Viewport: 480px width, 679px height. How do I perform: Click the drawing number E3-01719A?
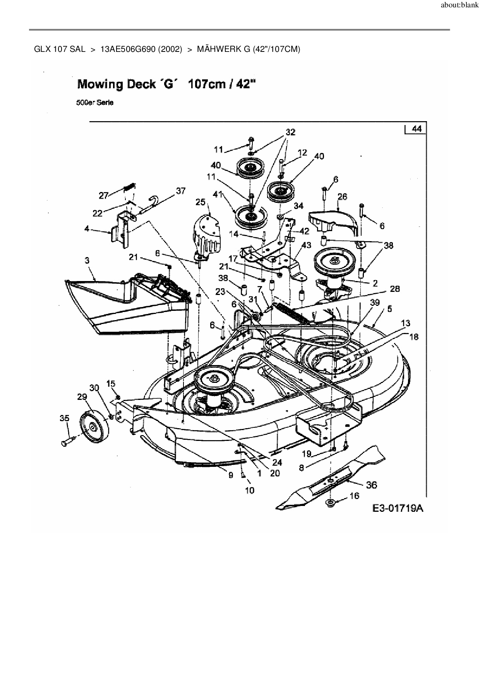(x=398, y=508)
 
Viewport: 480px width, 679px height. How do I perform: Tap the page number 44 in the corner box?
(x=417, y=129)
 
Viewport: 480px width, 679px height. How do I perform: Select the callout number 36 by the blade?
(x=371, y=485)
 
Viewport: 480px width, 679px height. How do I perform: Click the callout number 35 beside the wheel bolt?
(x=64, y=418)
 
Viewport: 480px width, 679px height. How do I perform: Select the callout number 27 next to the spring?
(x=103, y=195)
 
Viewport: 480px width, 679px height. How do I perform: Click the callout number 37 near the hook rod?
(x=181, y=191)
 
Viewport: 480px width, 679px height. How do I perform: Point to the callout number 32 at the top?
(x=290, y=132)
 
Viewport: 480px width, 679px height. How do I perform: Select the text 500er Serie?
(x=95, y=103)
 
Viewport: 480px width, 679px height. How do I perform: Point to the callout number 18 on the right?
(x=413, y=337)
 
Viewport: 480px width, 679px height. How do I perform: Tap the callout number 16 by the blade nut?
(x=354, y=496)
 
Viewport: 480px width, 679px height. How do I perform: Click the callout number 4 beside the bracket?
(x=87, y=229)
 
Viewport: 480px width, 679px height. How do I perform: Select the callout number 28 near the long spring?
(x=395, y=289)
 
